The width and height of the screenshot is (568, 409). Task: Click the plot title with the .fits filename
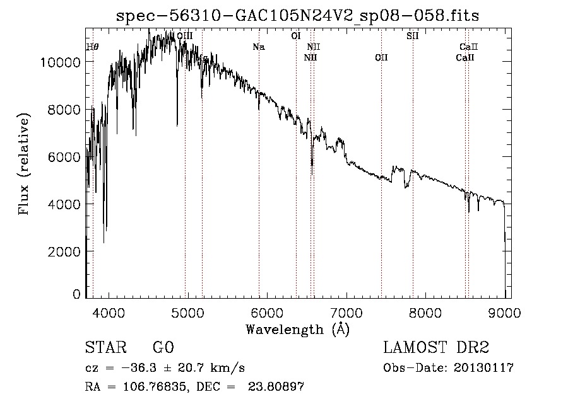[297, 16]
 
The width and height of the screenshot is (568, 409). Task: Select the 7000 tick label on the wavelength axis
[346, 313]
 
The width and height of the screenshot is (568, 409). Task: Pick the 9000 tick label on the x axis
[504, 313]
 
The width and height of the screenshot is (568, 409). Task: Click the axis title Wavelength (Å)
[297, 328]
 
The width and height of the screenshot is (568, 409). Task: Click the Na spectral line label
[258, 47]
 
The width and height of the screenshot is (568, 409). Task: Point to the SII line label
[413, 36]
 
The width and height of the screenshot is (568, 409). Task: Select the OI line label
[295, 36]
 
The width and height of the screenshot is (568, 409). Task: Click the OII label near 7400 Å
[381, 58]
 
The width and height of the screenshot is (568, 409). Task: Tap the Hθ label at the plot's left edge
[92, 47]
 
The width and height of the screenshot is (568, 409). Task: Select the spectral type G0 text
[163, 348]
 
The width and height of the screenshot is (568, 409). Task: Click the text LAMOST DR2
[436, 348]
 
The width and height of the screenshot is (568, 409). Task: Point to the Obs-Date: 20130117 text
[448, 368]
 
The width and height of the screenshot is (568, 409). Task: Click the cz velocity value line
[165, 368]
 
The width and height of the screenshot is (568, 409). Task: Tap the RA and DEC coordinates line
[194, 387]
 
